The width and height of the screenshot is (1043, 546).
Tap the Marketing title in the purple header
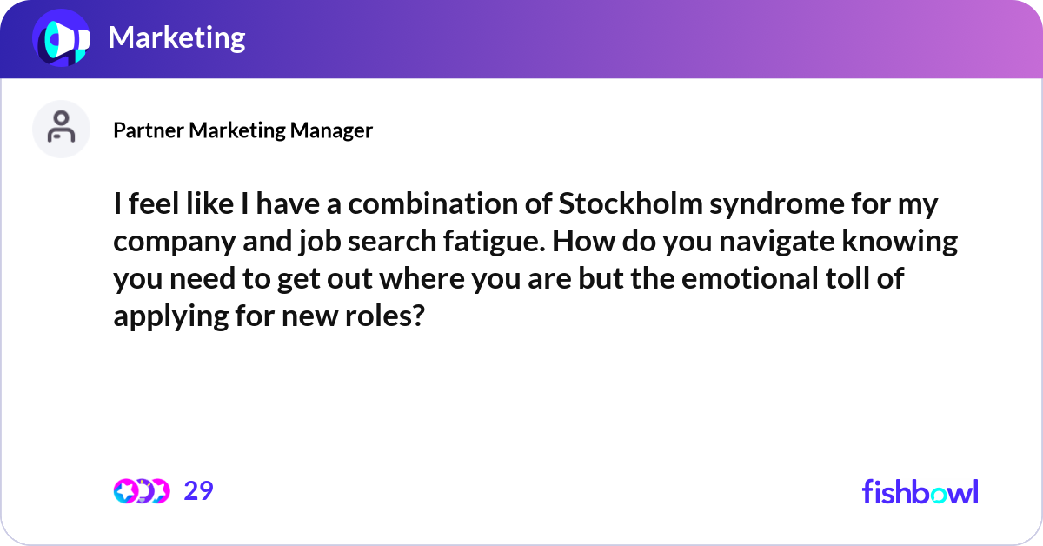pyautogui.click(x=176, y=37)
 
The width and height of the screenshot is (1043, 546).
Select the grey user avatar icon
pyautogui.click(x=61, y=129)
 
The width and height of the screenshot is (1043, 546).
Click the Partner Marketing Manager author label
pyautogui.click(x=242, y=130)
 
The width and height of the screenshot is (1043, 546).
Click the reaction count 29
pyautogui.click(x=198, y=491)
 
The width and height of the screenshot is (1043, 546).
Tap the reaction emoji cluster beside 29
pyautogui.click(x=142, y=491)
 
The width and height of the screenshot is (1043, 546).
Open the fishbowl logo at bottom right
pyautogui.click(x=920, y=492)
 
